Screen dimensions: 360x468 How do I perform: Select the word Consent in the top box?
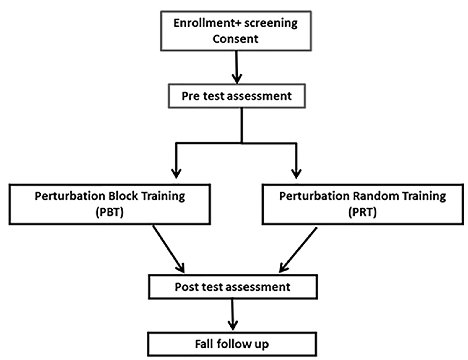(x=235, y=38)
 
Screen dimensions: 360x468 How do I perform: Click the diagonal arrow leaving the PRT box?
(x=300, y=248)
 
